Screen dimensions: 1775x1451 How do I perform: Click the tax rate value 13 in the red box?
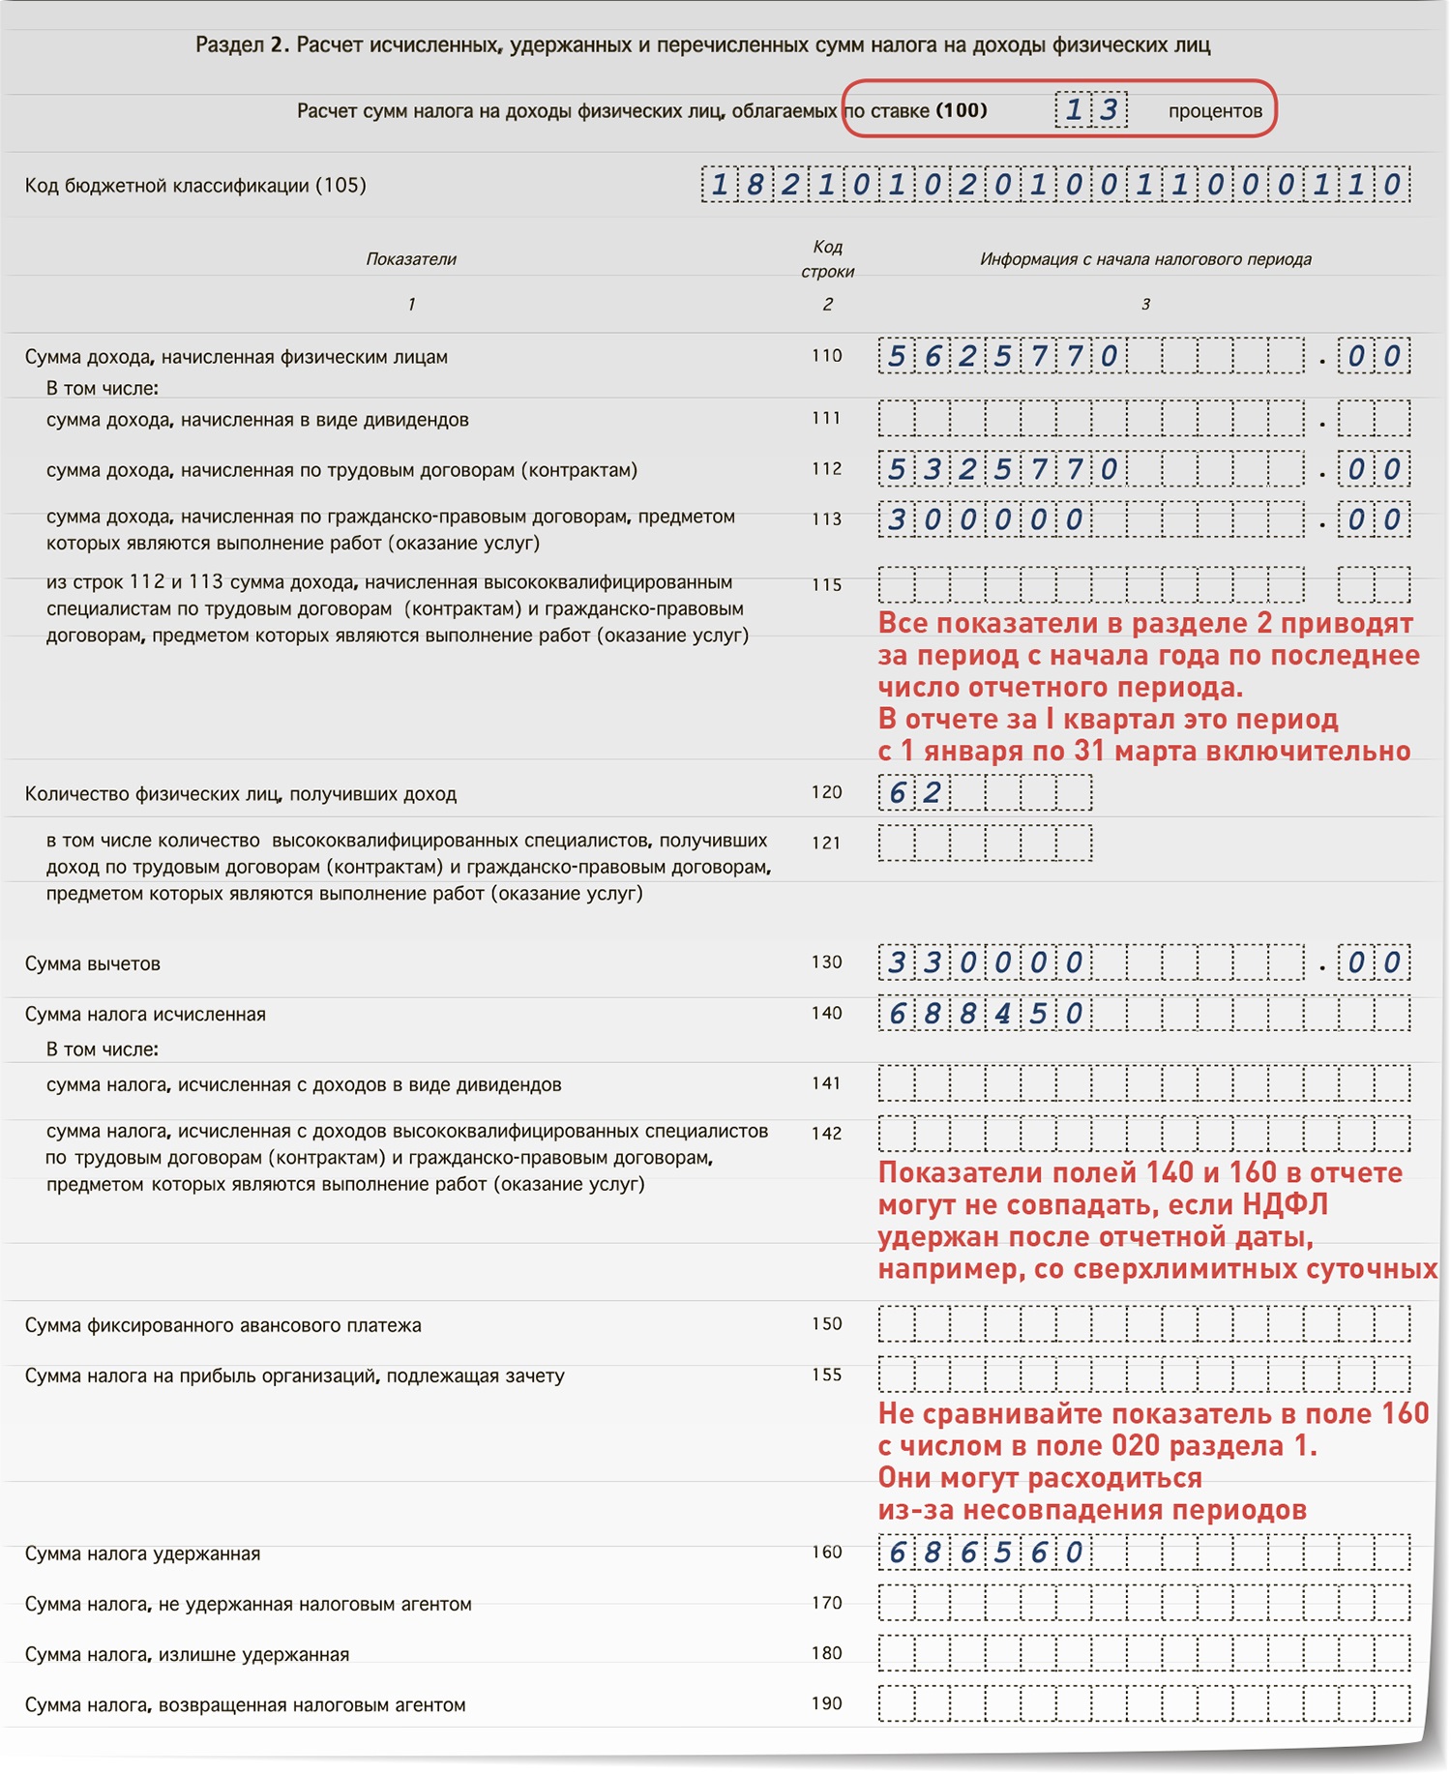click(1091, 110)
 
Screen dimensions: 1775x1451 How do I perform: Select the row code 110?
click(826, 356)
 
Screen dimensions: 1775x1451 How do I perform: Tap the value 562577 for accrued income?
click(1001, 357)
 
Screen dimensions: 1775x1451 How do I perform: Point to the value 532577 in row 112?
click(1001, 470)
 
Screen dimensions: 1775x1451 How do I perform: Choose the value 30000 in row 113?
click(985, 520)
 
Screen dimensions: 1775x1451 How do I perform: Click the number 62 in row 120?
click(914, 793)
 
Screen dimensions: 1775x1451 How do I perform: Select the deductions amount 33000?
click(985, 963)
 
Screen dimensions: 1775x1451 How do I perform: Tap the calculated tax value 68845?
click(985, 1014)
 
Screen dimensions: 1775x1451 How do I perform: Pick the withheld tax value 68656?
click(985, 1553)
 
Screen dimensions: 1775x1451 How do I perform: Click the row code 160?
click(826, 1553)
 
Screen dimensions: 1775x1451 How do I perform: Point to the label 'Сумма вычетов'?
click(93, 964)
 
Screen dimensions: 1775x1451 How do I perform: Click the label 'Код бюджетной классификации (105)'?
click(195, 186)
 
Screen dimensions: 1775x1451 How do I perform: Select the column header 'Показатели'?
click(411, 259)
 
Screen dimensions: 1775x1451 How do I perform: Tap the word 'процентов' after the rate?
click(1215, 111)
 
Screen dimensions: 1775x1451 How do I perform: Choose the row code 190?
click(826, 1703)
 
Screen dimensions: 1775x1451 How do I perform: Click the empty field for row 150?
click(1143, 1324)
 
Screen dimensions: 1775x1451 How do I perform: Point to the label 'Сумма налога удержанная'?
click(142, 1554)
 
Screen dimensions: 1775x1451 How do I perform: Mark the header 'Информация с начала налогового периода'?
click(1145, 259)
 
